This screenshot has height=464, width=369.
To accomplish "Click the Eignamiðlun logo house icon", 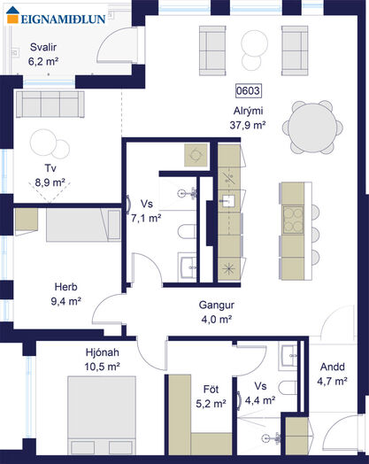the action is click(x=12, y=14).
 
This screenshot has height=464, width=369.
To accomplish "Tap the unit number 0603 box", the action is click(x=248, y=91).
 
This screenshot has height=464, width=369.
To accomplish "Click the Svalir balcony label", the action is click(x=43, y=47).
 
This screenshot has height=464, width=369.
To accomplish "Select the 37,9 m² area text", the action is click(x=248, y=125).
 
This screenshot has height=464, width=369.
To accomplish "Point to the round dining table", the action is click(x=312, y=128).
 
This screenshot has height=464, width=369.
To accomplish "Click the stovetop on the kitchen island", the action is click(x=293, y=220).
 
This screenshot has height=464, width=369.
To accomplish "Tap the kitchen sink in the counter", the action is click(x=228, y=200).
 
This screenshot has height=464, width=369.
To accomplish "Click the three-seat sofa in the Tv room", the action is click(x=50, y=104).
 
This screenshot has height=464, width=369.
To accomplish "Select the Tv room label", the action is click(x=50, y=168).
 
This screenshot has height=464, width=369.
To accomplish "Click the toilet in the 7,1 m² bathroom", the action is click(x=188, y=231).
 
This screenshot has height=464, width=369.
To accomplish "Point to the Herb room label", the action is click(x=66, y=287).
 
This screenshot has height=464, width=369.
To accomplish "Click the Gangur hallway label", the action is click(x=217, y=305).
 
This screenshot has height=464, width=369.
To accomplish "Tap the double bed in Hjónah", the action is click(x=102, y=415).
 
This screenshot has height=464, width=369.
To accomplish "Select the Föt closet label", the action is click(x=211, y=389).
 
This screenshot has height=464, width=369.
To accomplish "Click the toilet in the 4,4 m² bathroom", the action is click(x=288, y=388).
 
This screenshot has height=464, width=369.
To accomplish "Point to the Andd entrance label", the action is click(x=333, y=367).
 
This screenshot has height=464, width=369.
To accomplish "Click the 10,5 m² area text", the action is click(x=102, y=367).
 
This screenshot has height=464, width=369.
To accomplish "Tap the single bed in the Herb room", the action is click(x=83, y=225).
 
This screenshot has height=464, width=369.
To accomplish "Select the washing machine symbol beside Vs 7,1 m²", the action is click(x=196, y=154).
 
